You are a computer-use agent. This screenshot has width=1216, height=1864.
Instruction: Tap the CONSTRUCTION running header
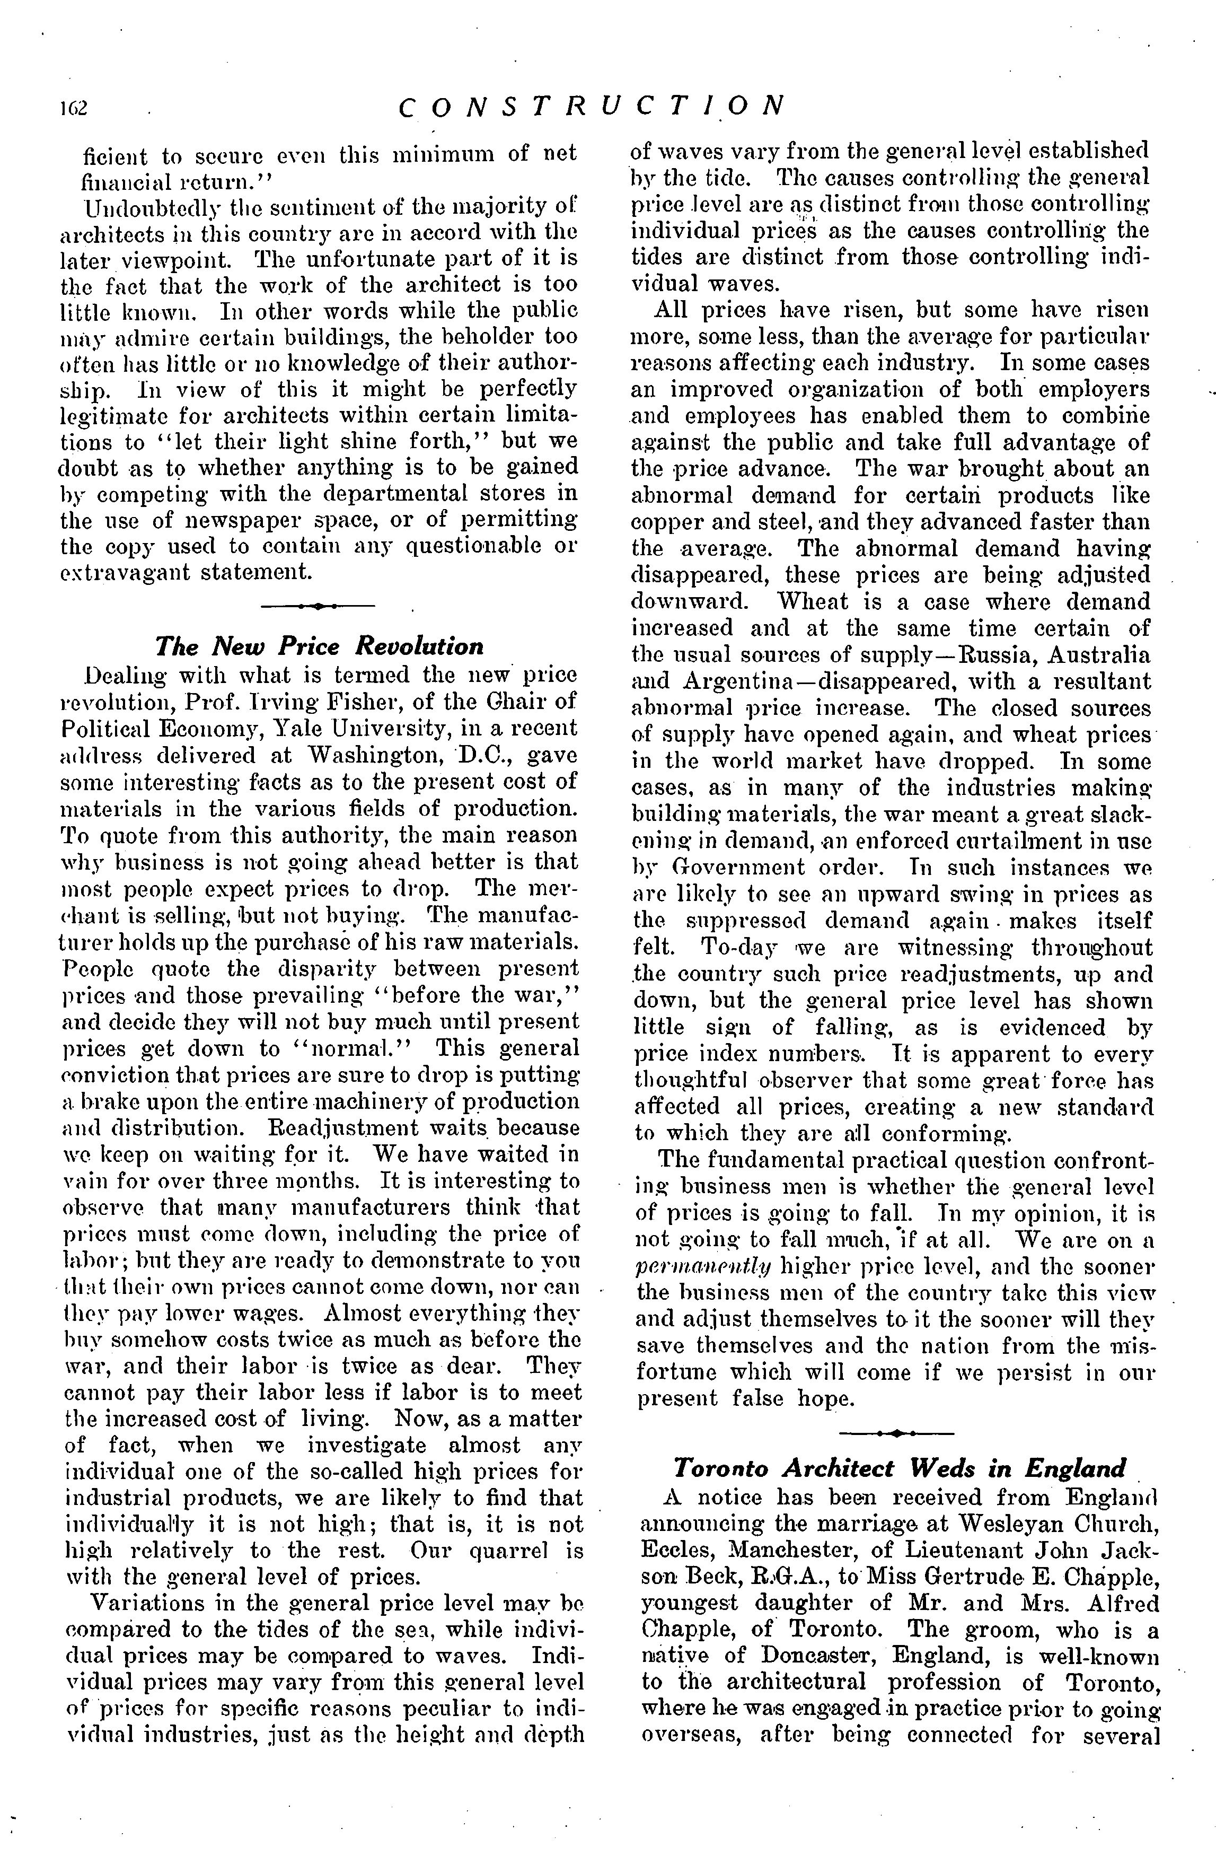click(591, 106)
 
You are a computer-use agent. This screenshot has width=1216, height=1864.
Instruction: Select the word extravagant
click(125, 573)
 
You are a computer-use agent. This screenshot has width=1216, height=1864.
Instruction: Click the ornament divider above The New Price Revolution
click(318, 606)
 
